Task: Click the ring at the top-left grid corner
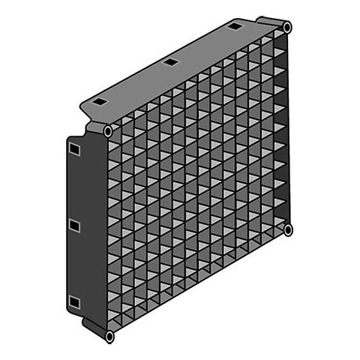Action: pos(108,131)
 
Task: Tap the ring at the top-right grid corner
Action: pos(287,27)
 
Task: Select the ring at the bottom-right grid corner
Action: pos(288,229)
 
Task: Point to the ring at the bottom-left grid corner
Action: pos(109,337)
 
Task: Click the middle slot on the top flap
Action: pos(170,61)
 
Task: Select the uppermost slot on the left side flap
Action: pos(73,150)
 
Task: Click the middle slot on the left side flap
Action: pos(73,225)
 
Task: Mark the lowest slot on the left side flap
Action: pos(73,301)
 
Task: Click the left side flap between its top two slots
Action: pos(73,187)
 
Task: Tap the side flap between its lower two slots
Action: pos(73,264)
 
